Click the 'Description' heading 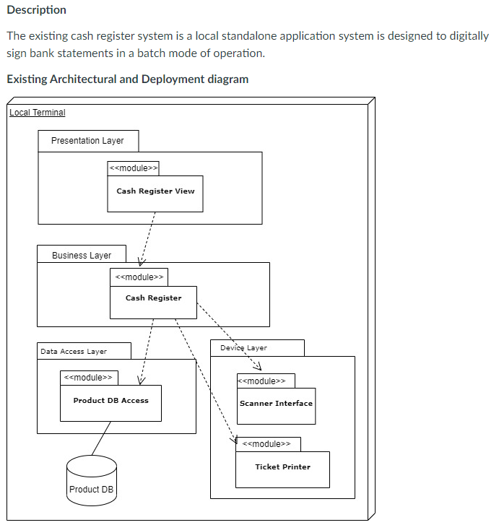pos(37,10)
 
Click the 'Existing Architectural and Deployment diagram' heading pos(128,79)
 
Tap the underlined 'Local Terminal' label pos(37,113)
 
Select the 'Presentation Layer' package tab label pos(87,141)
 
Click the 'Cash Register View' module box pos(155,194)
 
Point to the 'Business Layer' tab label pos(82,256)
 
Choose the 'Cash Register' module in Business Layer pos(153,302)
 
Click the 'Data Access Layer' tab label pos(74,351)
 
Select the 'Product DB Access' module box pos(111,403)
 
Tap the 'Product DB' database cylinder pos(92,480)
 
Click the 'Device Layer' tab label pos(243,348)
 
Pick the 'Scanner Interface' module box pos(277,406)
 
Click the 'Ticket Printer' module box pos(282,469)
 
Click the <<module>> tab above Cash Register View pos(134,168)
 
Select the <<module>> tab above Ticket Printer pos(268,444)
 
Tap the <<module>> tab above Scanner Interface pos(266,381)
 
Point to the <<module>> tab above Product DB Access pos(89,378)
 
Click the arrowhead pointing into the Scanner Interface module pos(259,367)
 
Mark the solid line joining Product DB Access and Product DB pos(101,438)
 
